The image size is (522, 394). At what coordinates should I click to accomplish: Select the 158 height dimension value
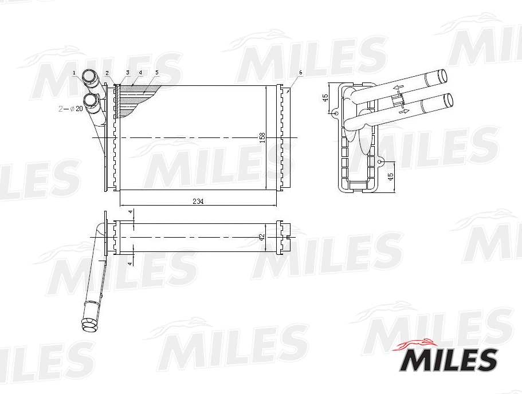point(262,137)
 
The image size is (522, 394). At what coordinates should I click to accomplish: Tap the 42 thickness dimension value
point(262,237)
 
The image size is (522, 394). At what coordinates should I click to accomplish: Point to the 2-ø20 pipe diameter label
point(71,108)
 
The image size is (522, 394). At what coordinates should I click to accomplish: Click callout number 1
point(74,73)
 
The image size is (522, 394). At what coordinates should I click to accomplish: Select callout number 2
point(107,73)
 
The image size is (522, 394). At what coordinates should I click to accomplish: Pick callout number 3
point(128,73)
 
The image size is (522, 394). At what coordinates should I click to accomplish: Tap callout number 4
point(140,73)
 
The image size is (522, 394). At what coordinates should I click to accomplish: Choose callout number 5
point(156,73)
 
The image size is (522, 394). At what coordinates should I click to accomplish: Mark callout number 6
point(300,73)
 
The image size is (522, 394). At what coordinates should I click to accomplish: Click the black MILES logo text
point(448,359)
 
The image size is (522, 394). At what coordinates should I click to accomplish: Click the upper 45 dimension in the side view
point(325,98)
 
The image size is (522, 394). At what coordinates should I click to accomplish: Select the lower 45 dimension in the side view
point(391,177)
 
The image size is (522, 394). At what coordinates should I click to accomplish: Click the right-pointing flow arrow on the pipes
point(403,111)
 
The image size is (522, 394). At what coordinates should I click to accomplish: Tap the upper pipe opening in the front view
point(89,76)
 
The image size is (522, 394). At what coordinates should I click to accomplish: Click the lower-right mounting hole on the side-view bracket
point(379,162)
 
